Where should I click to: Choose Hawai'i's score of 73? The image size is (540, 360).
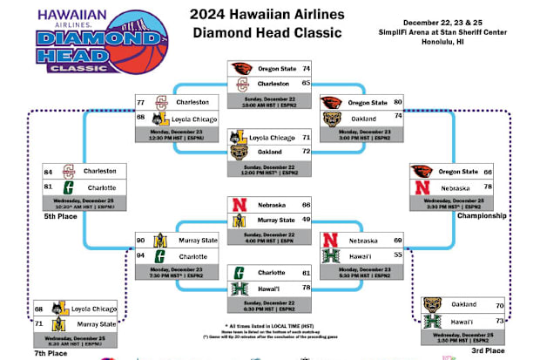(499, 320)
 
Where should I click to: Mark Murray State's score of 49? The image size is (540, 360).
(306, 220)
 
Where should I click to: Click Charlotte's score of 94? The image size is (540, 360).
(141, 256)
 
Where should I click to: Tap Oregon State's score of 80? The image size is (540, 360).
(398, 100)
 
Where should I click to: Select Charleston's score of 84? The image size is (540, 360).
(49, 171)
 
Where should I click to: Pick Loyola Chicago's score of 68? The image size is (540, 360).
(38, 309)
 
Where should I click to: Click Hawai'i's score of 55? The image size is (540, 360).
(398, 255)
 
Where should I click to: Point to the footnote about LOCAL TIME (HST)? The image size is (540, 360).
(269, 300)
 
